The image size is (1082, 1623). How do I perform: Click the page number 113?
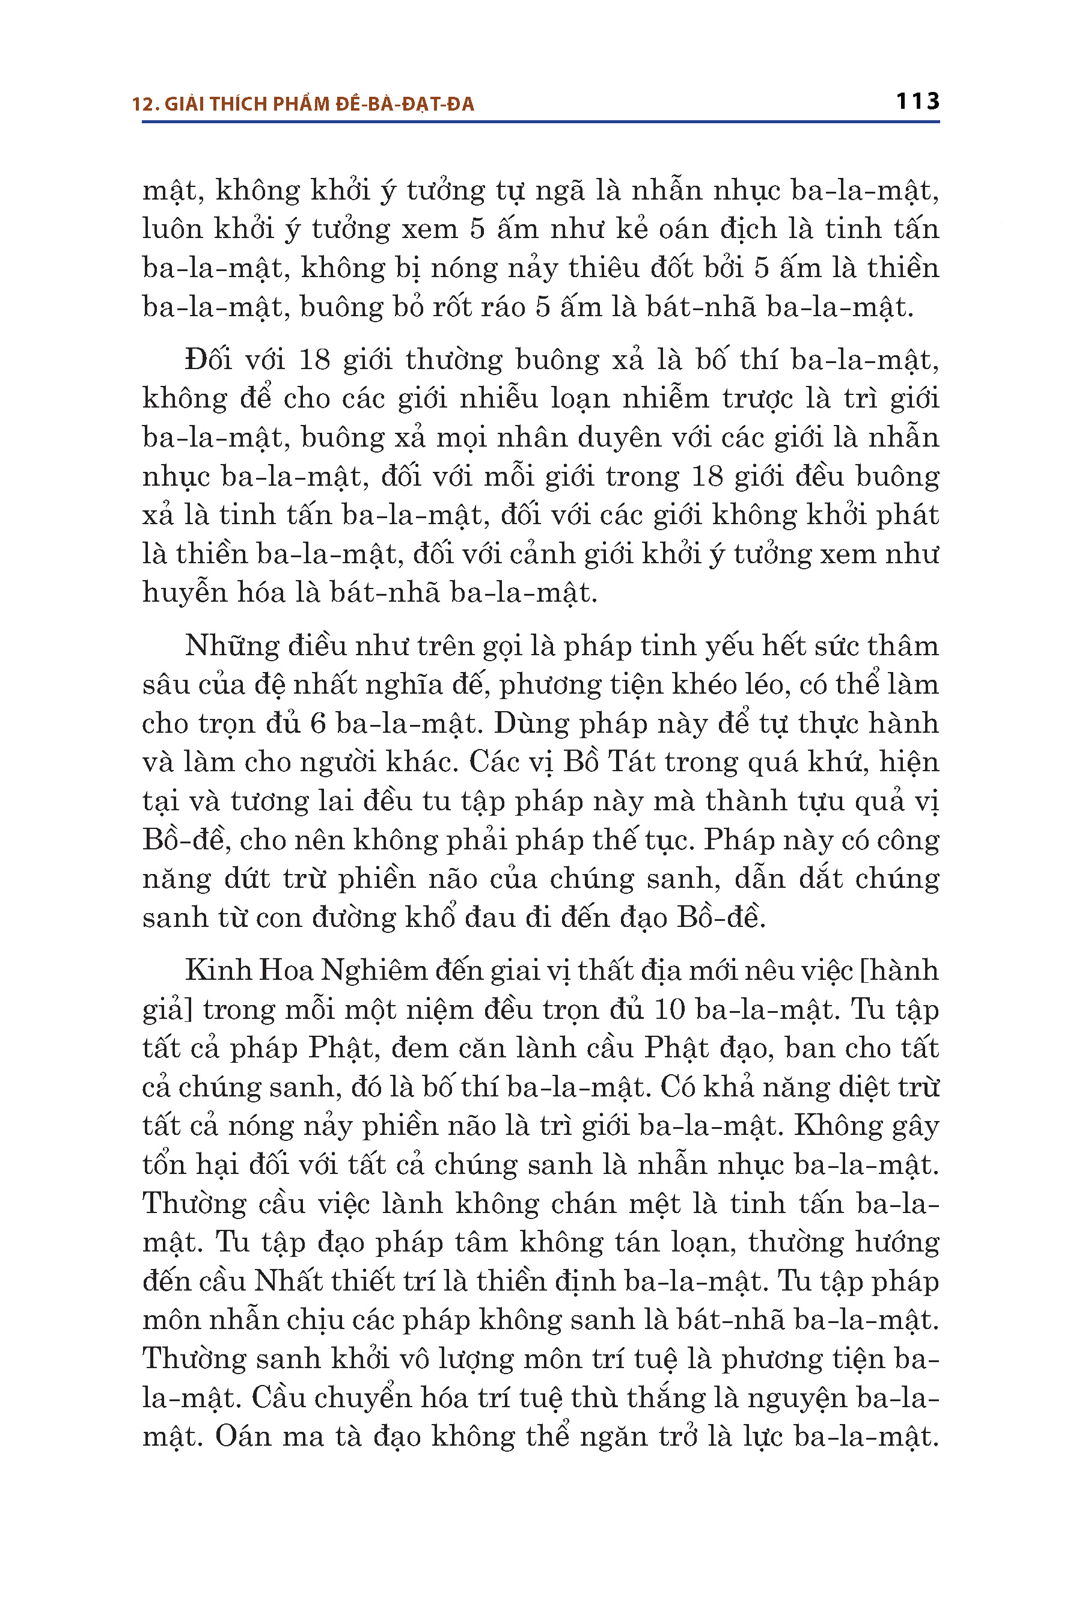pyautogui.click(x=917, y=102)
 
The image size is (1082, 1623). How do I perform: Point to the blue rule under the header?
pyautogui.click(x=540, y=122)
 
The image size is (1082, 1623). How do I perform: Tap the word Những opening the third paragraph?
pyautogui.click(x=230, y=646)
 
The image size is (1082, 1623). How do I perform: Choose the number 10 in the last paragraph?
pyautogui.click(x=668, y=1009)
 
